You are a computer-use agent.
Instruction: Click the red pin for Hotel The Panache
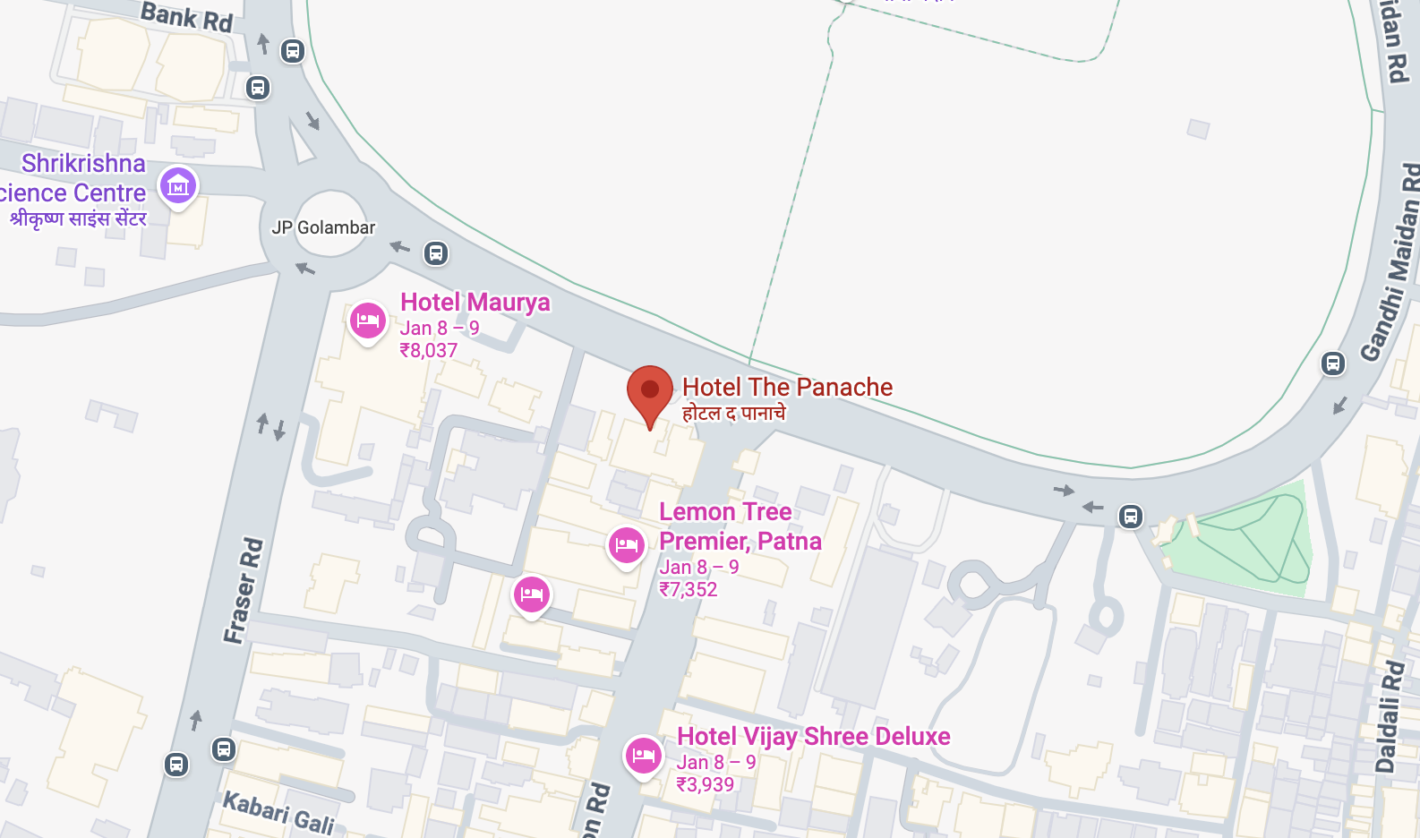[650, 391]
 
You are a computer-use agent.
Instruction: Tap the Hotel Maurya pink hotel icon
[367, 321]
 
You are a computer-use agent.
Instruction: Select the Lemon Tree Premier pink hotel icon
[626, 544]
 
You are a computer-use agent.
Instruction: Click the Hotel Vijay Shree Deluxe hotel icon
[643, 756]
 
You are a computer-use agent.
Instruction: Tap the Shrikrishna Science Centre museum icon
[178, 186]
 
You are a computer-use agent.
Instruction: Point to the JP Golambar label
[323, 227]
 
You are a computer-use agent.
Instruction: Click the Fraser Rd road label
[244, 590]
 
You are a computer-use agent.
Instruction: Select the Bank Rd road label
[186, 16]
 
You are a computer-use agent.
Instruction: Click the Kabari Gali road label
[278, 811]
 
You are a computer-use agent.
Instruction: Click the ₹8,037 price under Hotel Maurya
[428, 351]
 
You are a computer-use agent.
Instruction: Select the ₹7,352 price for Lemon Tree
[688, 589]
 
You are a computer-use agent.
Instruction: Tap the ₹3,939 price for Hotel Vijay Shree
[705, 784]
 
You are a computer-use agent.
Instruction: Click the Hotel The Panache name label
[787, 387]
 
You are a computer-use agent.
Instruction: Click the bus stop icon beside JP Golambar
[436, 253]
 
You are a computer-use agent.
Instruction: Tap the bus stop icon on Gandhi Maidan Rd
[1333, 363]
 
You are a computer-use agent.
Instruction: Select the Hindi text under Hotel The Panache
[733, 413]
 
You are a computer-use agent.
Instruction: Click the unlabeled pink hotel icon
[532, 594]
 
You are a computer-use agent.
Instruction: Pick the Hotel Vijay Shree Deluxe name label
[813, 736]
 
